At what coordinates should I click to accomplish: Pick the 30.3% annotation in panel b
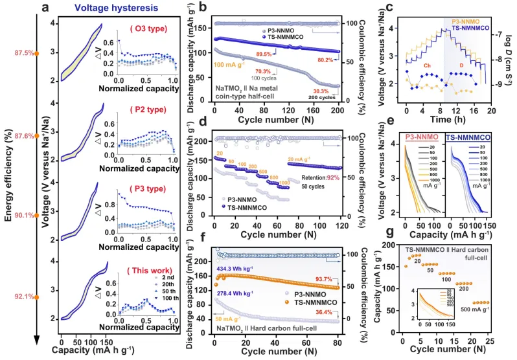[x=321, y=91]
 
